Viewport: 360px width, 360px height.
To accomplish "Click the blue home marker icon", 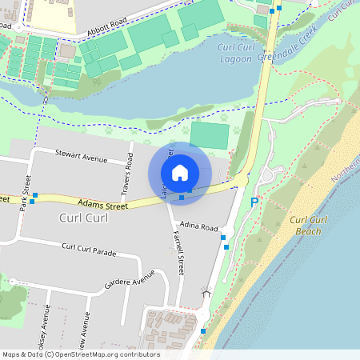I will click(x=180, y=173).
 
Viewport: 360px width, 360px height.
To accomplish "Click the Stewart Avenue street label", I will click(x=81, y=158).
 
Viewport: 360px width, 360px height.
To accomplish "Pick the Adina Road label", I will click(x=199, y=226).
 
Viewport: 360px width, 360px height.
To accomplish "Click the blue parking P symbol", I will click(x=254, y=203).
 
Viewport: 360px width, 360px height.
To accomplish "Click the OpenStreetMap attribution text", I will click(x=80, y=354).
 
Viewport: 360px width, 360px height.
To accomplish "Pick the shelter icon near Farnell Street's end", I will click(x=206, y=293).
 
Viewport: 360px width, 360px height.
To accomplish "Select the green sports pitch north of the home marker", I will click(x=210, y=135).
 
